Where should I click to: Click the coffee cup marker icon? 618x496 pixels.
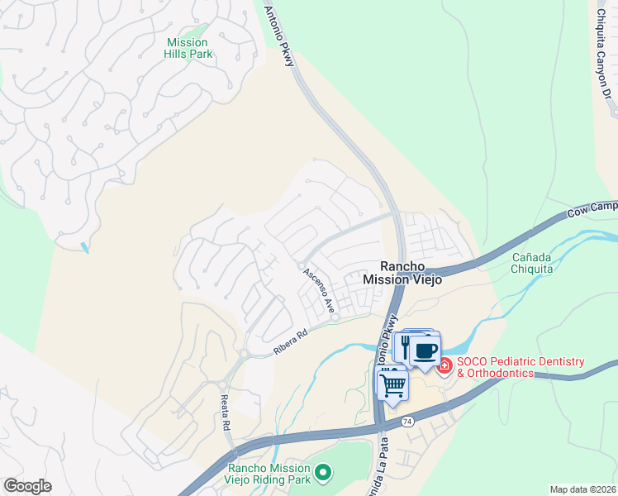[x=425, y=350]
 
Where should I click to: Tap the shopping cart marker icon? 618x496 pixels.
[x=393, y=384]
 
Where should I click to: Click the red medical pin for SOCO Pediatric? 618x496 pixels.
[x=444, y=364]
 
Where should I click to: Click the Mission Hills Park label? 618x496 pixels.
[x=189, y=48]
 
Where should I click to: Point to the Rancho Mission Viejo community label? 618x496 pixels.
[x=404, y=273]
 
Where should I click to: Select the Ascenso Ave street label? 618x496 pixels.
[x=319, y=290]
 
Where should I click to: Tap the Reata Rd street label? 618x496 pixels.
[x=224, y=413]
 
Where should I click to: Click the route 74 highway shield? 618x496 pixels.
[x=407, y=422]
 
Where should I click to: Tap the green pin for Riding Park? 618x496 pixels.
[x=324, y=473]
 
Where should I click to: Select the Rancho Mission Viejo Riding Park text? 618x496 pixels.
[x=269, y=473]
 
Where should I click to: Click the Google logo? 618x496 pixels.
[x=27, y=486]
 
